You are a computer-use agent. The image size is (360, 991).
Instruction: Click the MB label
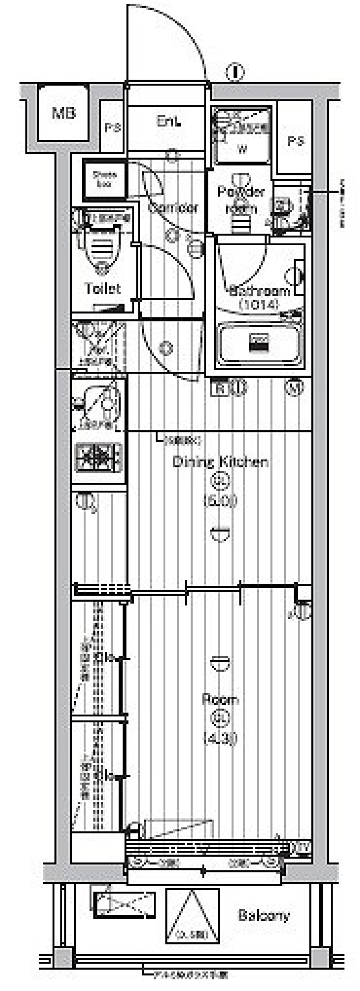click(x=64, y=113)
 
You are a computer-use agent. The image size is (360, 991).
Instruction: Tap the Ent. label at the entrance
click(x=168, y=122)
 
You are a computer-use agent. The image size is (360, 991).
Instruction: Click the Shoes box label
click(x=105, y=180)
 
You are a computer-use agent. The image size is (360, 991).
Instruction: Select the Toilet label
click(x=102, y=288)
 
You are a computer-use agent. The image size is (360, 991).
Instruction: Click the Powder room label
click(x=241, y=200)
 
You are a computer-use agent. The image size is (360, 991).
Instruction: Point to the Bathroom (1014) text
click(x=259, y=297)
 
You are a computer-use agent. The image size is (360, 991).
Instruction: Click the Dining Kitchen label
click(x=220, y=462)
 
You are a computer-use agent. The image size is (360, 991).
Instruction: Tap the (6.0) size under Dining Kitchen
click(x=220, y=500)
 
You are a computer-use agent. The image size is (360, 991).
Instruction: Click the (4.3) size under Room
click(x=220, y=738)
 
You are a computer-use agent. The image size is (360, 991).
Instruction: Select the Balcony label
click(x=264, y=916)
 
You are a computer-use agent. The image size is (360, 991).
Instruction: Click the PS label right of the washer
click(x=295, y=141)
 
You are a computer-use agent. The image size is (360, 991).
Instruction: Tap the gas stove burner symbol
click(x=99, y=457)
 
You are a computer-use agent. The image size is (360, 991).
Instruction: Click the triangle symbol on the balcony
click(x=193, y=916)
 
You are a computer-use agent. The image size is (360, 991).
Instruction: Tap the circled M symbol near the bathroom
click(x=294, y=387)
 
